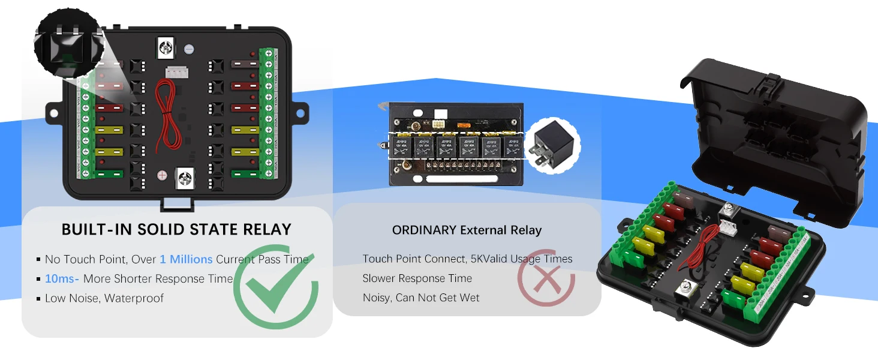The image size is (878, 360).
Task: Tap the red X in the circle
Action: (546, 278)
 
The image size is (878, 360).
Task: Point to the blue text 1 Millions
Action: (186, 259)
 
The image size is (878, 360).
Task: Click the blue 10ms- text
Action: (62, 278)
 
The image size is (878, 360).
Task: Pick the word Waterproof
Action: (134, 298)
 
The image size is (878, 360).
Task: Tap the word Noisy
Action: (377, 298)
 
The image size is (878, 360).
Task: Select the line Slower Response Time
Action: (417, 278)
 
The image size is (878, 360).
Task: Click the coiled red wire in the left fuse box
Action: (168, 117)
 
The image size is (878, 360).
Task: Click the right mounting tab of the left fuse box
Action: (300, 113)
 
